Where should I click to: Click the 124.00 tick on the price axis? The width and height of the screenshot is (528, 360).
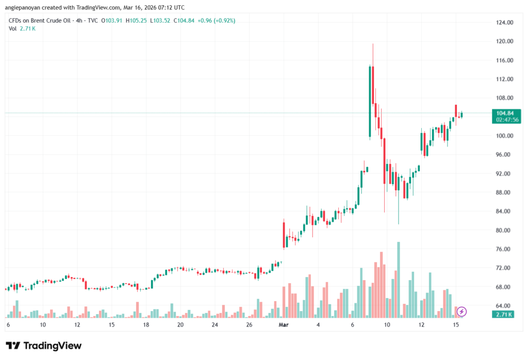(x=505, y=23)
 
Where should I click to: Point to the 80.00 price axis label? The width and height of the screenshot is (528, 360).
(x=505, y=230)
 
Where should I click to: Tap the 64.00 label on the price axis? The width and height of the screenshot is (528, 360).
(x=505, y=306)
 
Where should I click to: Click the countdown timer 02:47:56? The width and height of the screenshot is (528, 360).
(x=508, y=120)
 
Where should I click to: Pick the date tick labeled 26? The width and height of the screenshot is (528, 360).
(x=249, y=325)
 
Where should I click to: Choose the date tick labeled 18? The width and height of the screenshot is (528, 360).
(x=146, y=325)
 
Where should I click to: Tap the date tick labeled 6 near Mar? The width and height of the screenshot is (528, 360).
(x=353, y=325)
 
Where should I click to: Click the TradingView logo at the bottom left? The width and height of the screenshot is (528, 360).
(x=44, y=346)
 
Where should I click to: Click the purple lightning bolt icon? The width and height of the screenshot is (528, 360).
(x=462, y=311)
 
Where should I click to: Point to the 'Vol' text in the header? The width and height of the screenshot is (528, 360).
(x=13, y=28)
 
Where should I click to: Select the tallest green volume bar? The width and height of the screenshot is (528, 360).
(x=399, y=279)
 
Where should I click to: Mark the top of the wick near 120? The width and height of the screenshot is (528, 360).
(x=373, y=44)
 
